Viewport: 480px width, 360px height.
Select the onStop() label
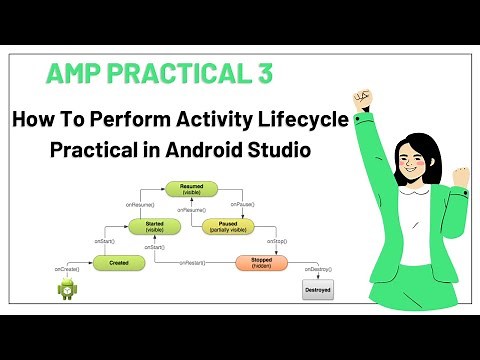pyautogui.click(x=277, y=241)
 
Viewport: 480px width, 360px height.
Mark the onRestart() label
pyautogui.click(x=193, y=262)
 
